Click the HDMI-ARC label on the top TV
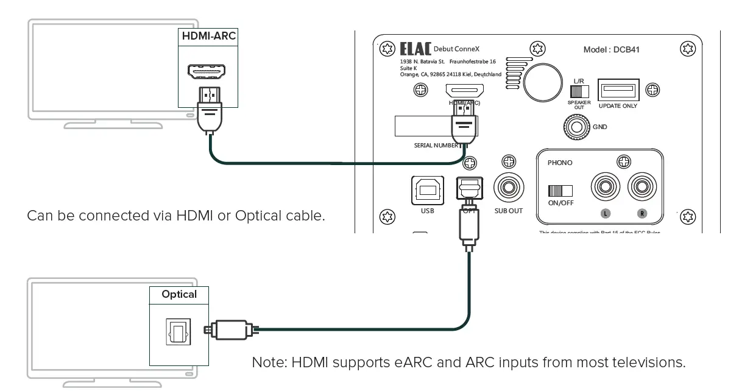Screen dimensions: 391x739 pos(208,36)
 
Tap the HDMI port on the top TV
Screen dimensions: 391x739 pos(208,72)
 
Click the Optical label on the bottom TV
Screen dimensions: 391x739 pos(179,294)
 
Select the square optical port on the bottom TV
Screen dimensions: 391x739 pos(179,331)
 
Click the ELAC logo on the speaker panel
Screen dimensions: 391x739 pos(415,49)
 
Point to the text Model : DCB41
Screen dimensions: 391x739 pos(611,50)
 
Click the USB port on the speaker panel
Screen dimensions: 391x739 pos(426,191)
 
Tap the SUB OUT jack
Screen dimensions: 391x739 pos(509,189)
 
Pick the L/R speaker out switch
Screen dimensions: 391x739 pos(579,91)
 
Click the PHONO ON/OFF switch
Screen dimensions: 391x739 pos(560,191)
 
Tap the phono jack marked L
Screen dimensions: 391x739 pos(605,189)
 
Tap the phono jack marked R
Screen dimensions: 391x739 pos(642,189)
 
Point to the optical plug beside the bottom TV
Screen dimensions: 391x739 pos(230,330)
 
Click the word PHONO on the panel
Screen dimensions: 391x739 pos(560,163)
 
